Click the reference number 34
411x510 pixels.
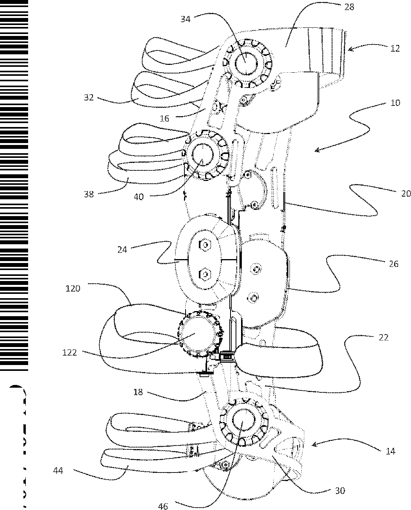pos(186,18)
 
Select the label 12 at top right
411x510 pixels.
pos(395,48)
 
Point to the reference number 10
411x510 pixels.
pos(395,103)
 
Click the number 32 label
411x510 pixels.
pos(89,98)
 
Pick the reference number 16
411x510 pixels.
pos(164,118)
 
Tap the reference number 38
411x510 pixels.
pos(89,194)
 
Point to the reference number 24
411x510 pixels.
pos(122,249)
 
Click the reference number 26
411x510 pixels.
pos(394,264)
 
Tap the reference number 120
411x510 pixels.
pos(73,288)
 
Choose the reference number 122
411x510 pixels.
pos(70,353)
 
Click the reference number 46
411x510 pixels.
pos(163,506)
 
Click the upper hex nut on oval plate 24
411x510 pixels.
pos(204,245)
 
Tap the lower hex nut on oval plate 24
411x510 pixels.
pos(204,275)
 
